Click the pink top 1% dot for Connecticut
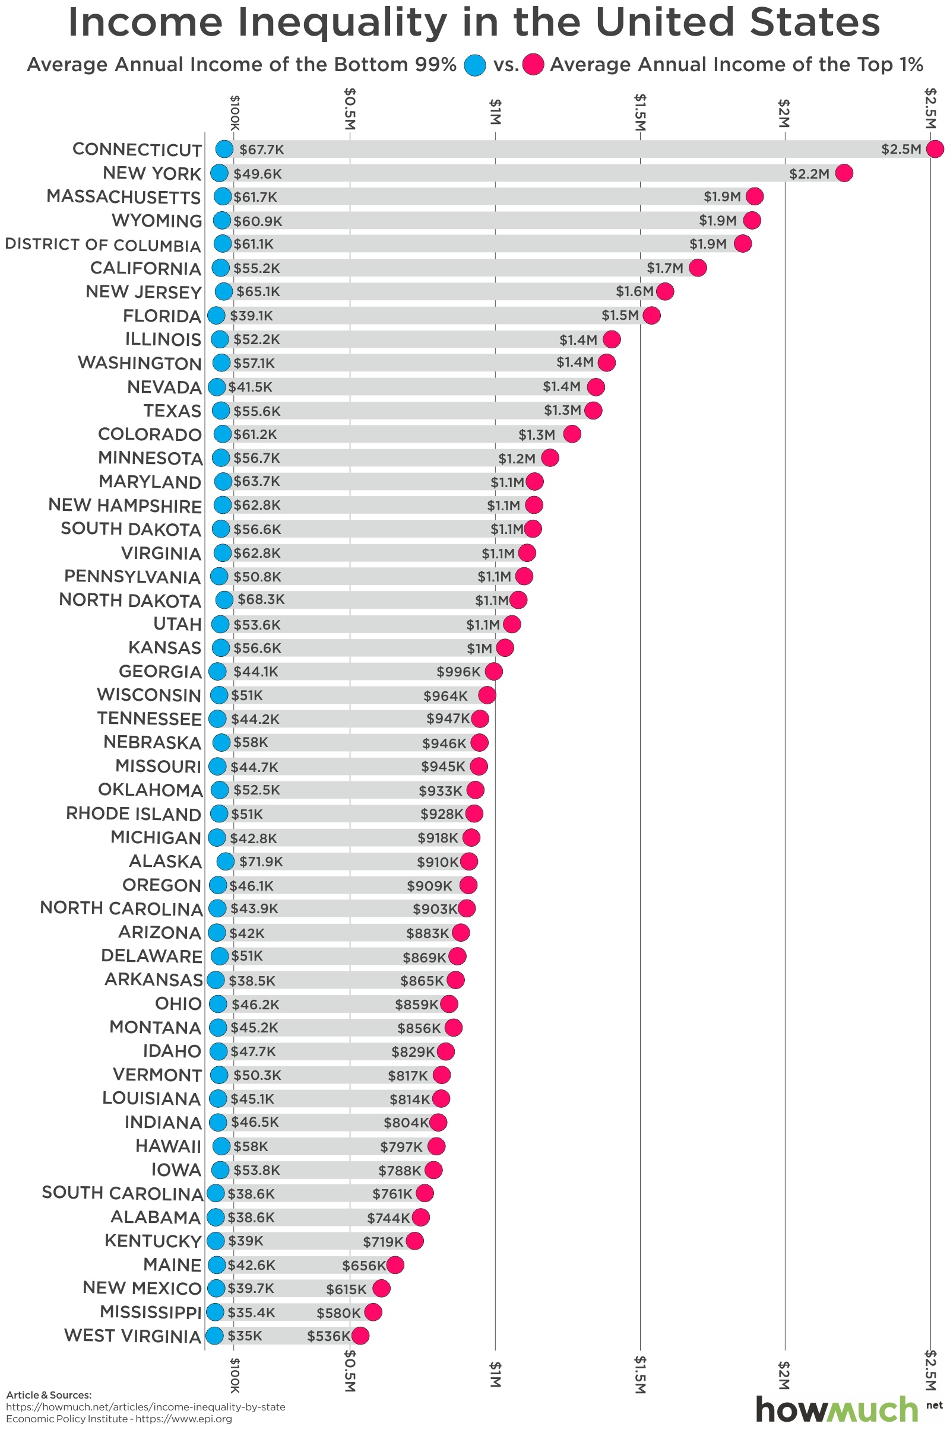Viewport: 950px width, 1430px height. pyautogui.click(x=935, y=149)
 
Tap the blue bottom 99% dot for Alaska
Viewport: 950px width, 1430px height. pyautogui.click(x=226, y=862)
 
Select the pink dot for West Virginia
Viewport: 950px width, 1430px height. pyautogui.click(x=360, y=1336)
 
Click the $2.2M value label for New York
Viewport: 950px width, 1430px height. pyautogui.click(x=809, y=174)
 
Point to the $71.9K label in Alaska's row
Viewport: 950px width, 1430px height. pyautogui.click(x=261, y=862)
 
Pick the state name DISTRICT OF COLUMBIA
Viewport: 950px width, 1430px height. pyautogui.click(x=102, y=244)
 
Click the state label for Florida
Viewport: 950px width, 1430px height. pyautogui.click(x=161, y=316)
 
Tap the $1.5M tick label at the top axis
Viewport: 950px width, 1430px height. pyautogui.click(x=641, y=112)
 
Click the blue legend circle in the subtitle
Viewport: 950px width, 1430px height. pyautogui.click(x=475, y=65)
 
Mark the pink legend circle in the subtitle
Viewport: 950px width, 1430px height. pyautogui.click(x=534, y=65)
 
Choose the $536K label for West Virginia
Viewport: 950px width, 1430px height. pyautogui.click(x=328, y=1336)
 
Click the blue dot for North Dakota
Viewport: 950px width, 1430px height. pyautogui.click(x=224, y=600)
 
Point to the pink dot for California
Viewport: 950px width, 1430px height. pyautogui.click(x=697, y=268)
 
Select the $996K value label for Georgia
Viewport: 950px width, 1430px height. pyautogui.click(x=458, y=672)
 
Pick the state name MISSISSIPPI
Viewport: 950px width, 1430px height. pyautogui.click(x=150, y=1313)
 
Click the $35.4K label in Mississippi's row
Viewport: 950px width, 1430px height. pyautogui.click(x=251, y=1313)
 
